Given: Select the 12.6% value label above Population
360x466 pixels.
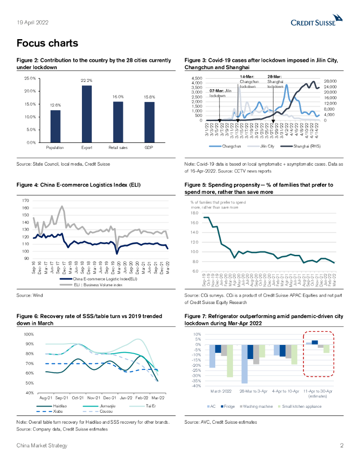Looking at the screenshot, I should click(55, 105).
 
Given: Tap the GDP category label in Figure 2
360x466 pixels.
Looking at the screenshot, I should click(149, 148).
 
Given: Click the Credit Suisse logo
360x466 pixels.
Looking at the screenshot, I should click(317, 21).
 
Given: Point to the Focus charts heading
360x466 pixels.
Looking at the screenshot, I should click(47, 44).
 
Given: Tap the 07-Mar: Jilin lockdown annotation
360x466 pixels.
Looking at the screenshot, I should click(220, 93).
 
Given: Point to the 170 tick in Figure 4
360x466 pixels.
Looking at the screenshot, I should click(25, 200).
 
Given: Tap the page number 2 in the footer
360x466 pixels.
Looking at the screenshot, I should click(341, 446).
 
